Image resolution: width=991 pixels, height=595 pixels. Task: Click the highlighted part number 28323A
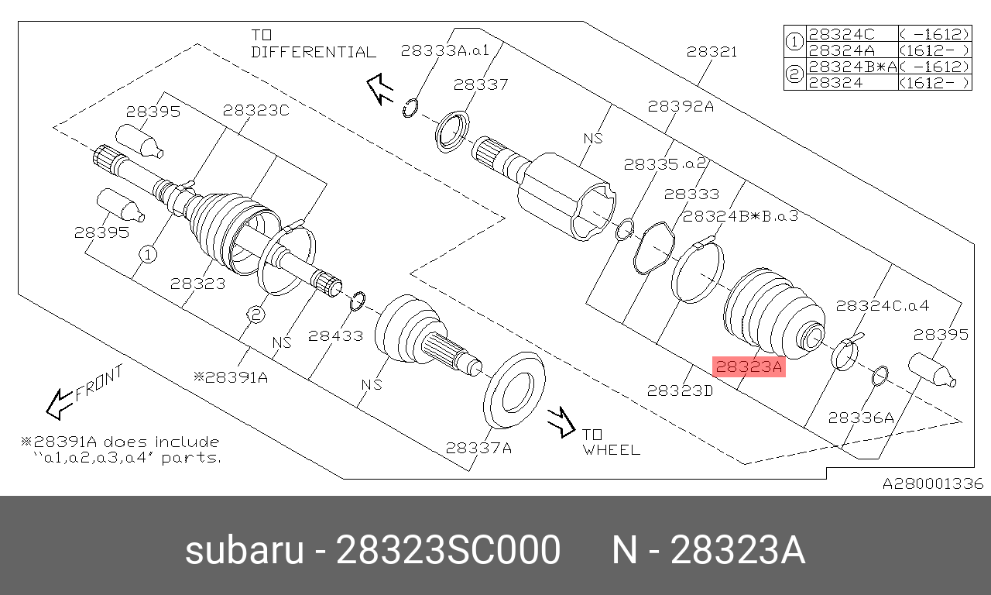coord(749,366)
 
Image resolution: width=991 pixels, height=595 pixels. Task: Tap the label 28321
coord(712,52)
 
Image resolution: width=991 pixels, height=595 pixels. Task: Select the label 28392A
coord(681,106)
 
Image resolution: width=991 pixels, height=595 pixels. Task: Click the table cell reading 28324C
coord(842,34)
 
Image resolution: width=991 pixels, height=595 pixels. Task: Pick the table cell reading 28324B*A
coord(852,67)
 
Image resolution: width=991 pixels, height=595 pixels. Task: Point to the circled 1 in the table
coord(794,42)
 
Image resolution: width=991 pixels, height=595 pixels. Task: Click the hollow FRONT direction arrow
coord(60,404)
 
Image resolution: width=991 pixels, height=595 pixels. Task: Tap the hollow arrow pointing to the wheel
coord(561,422)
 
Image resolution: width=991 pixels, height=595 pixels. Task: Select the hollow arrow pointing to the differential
coord(379,89)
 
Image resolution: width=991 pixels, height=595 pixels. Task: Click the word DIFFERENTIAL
coord(314,52)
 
